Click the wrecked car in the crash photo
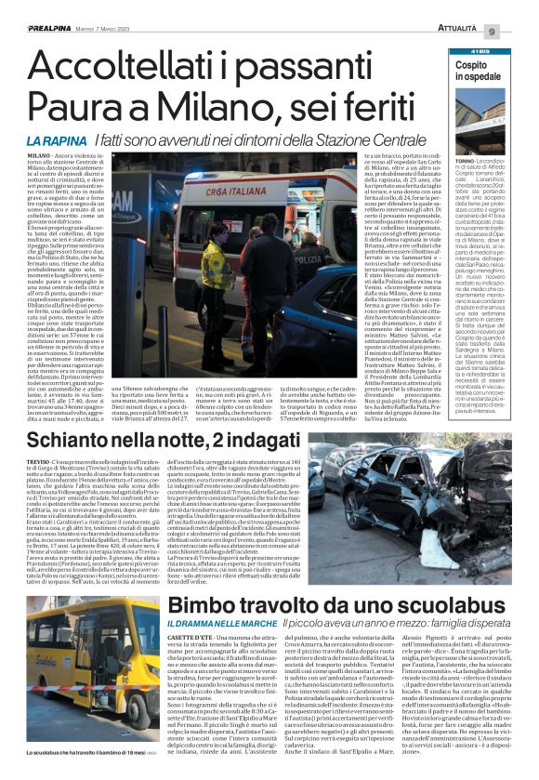point(437,491)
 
